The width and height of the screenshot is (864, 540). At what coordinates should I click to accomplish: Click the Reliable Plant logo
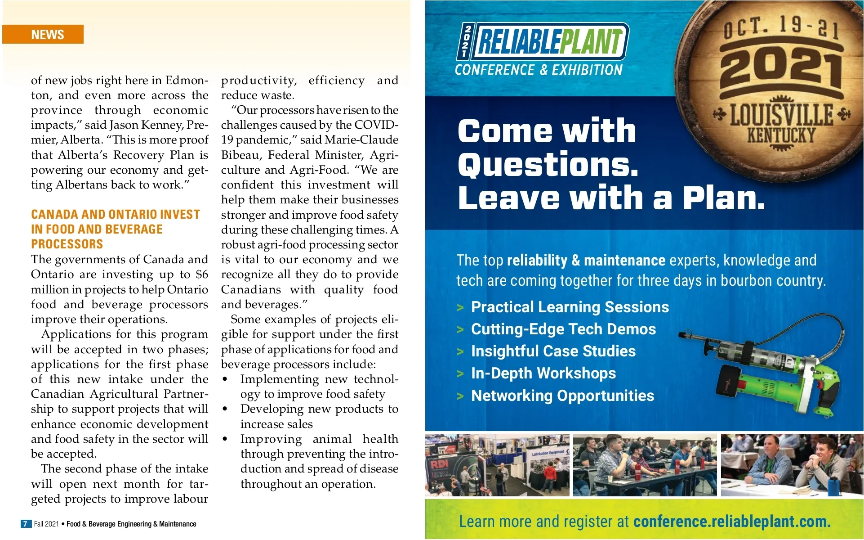544,42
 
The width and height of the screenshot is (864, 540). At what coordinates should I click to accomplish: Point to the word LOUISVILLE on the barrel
781,114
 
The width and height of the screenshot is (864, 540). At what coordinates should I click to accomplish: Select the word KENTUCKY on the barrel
781,135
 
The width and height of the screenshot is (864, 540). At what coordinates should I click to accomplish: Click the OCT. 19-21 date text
781,28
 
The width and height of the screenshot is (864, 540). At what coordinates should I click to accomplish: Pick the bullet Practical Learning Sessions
570,307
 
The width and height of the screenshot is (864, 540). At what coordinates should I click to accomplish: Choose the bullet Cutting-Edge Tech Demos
563,329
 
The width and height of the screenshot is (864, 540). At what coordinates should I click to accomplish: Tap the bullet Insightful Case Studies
553,351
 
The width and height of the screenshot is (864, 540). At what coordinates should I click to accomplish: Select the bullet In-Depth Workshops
543,373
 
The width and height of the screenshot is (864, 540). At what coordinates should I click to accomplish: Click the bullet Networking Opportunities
562,396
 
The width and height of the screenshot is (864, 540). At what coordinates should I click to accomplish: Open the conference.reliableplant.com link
731,522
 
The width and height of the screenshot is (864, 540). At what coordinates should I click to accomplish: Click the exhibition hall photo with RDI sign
497,465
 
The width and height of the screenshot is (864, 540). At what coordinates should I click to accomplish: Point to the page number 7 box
26,524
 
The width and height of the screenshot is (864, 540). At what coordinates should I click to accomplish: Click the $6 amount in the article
202,274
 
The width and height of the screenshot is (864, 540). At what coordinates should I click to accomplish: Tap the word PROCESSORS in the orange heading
67,244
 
